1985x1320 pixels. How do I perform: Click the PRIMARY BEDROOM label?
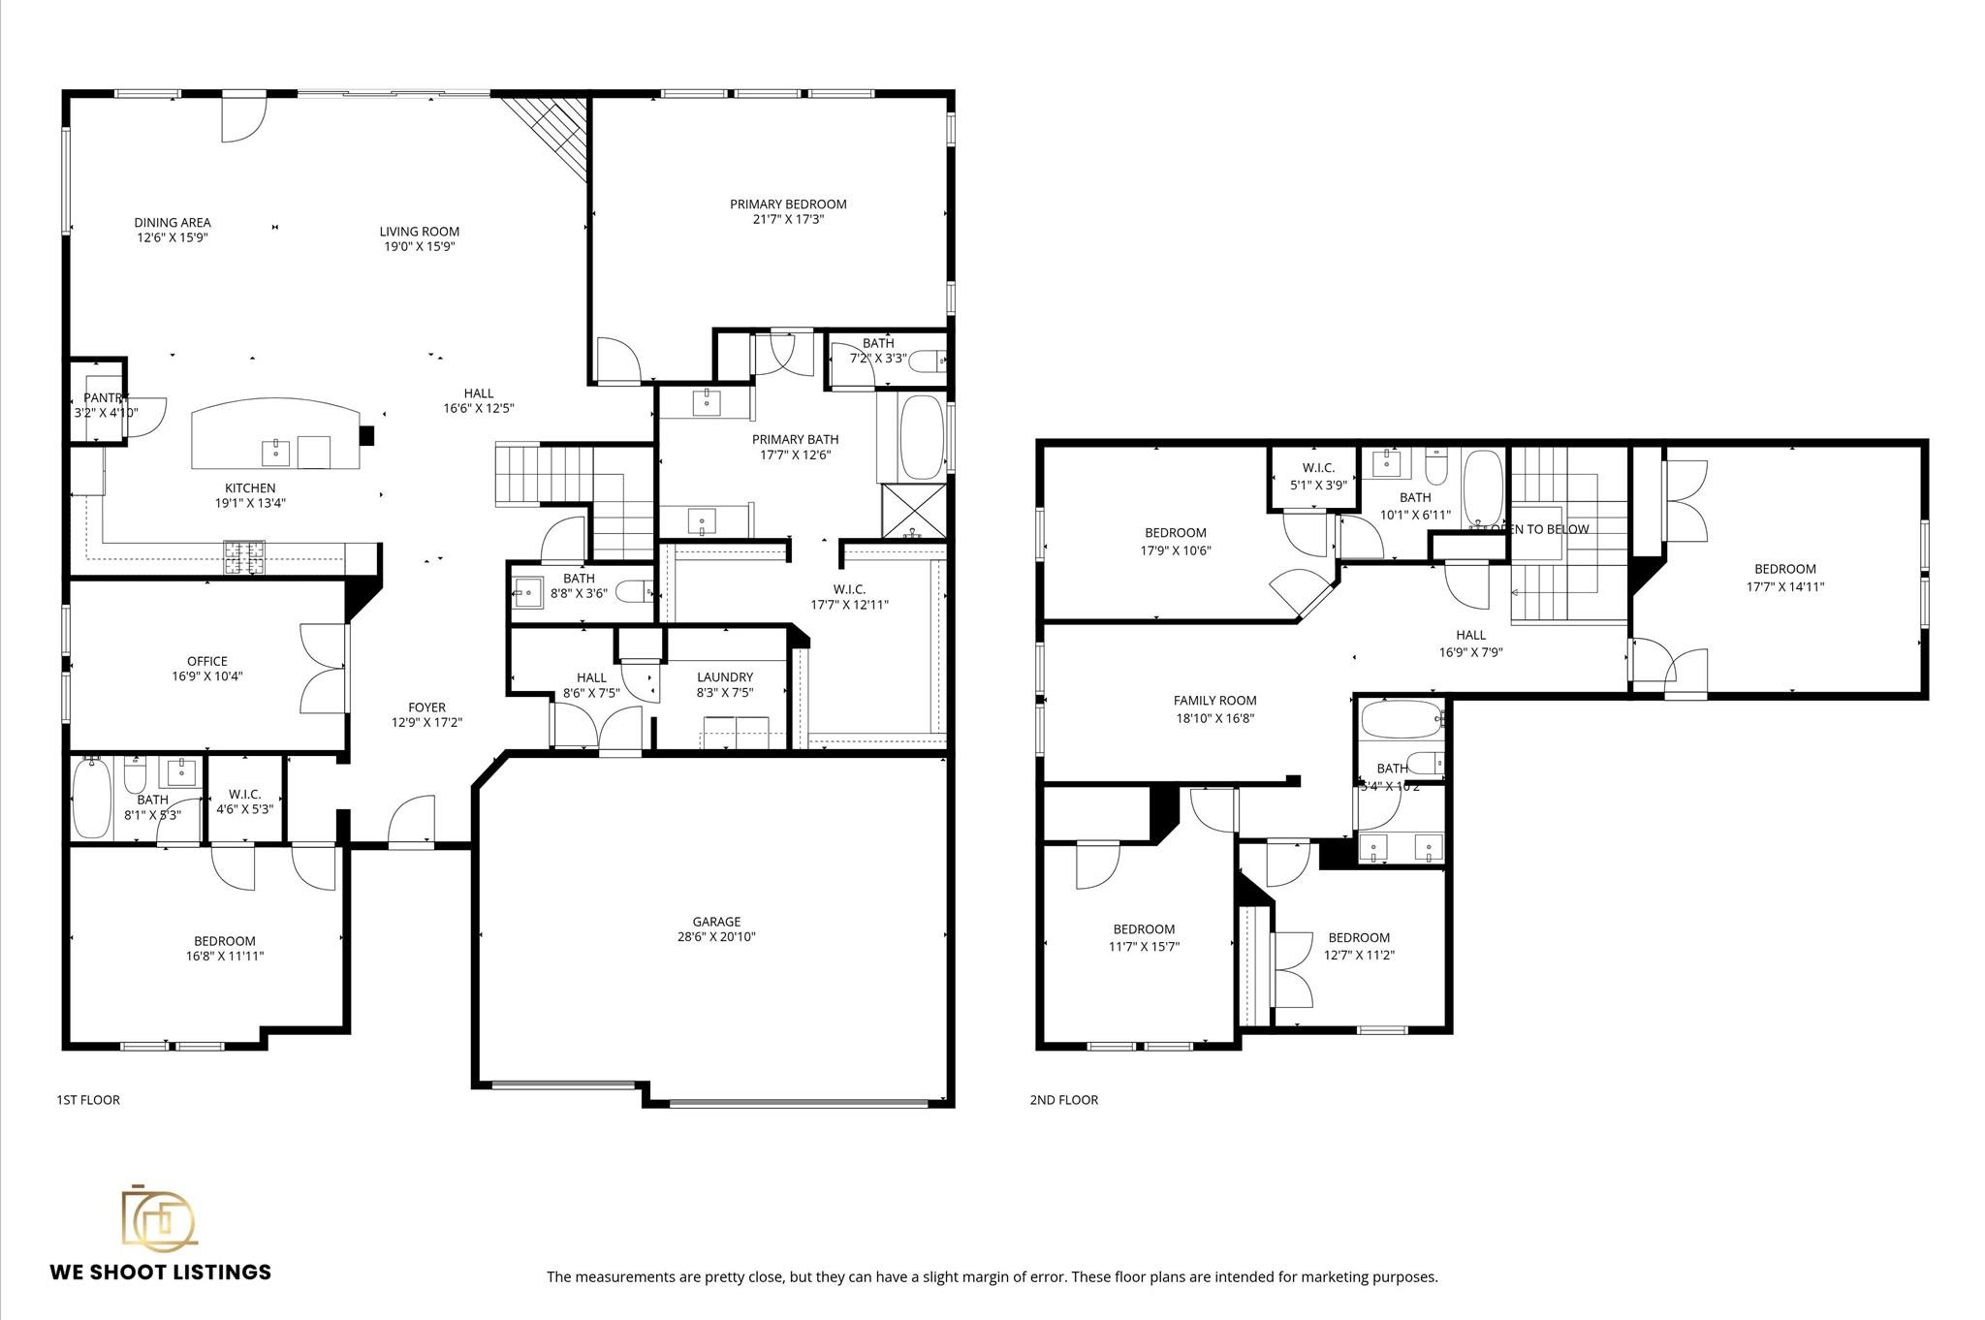tap(788, 204)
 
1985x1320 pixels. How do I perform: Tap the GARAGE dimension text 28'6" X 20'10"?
tap(716, 937)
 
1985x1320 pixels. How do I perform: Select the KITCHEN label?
tap(250, 487)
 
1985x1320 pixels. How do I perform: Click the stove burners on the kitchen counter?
tap(244, 556)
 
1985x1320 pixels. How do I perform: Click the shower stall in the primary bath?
tap(913, 511)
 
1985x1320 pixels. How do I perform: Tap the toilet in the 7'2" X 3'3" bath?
tap(928, 361)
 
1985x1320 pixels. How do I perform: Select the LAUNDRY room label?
tap(725, 676)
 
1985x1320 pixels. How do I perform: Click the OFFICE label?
tap(206, 661)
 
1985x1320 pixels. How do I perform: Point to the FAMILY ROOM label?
tap(1214, 700)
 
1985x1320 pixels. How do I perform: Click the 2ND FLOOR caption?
tap(1064, 1100)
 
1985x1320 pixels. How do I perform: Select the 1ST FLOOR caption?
tap(88, 1100)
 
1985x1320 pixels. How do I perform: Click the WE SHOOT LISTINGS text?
tap(161, 1272)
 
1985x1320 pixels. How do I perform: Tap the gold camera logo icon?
tap(158, 1216)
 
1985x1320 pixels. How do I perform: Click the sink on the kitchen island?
tap(276, 451)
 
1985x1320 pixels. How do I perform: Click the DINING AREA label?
tap(173, 222)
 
